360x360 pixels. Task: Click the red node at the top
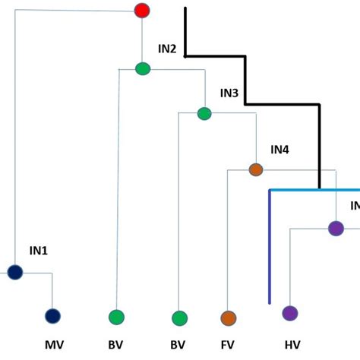tap(142, 11)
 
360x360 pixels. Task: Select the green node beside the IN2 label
tap(143, 68)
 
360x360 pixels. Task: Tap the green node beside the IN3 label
tap(204, 114)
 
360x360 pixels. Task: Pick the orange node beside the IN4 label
tap(256, 169)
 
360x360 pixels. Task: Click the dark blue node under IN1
tap(15, 272)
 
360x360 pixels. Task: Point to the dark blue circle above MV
tap(52, 316)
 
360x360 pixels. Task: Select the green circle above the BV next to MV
tap(116, 317)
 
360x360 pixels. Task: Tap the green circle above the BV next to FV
tap(179, 317)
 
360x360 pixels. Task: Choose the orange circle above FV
tap(228, 317)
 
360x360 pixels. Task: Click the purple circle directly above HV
tap(290, 313)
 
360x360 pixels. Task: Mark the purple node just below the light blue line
tap(336, 227)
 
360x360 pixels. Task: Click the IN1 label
tap(39, 250)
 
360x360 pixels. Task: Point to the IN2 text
tap(167, 49)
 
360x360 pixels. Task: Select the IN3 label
tap(229, 93)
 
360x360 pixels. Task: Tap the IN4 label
tap(279, 150)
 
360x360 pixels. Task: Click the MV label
tap(53, 345)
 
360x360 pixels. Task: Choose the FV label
tap(227, 345)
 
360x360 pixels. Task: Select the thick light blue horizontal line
tap(314, 189)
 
